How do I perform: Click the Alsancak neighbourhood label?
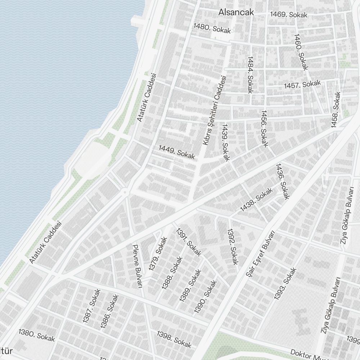click(236, 12)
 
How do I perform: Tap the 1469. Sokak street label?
click(289, 15)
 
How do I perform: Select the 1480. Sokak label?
click(212, 28)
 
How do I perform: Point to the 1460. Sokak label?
click(301, 52)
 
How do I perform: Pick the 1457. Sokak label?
click(302, 85)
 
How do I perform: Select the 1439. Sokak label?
click(226, 143)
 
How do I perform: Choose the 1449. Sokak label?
click(177, 152)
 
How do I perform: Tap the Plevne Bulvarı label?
click(138, 266)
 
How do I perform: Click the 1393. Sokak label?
click(285, 283)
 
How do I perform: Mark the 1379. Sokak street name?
click(158, 253)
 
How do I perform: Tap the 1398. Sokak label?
click(174, 339)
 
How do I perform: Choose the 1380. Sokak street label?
click(37, 336)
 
